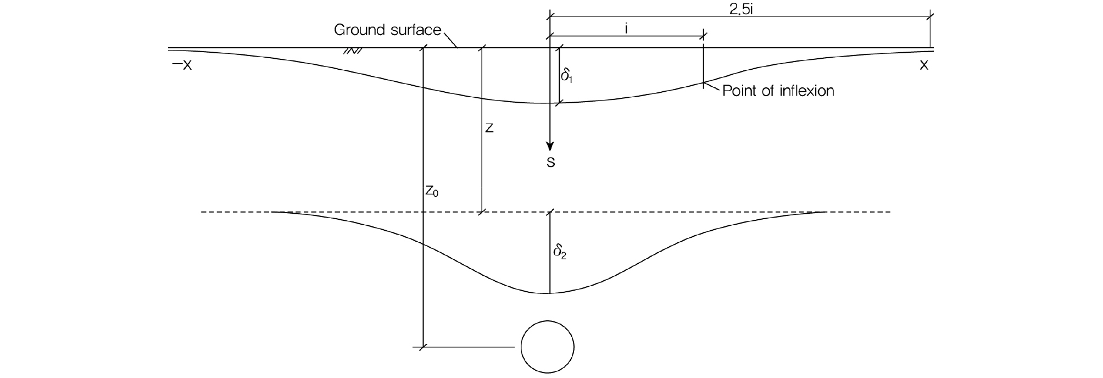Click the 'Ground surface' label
point(388,30)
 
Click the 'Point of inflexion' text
point(778,91)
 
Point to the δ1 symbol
point(567,76)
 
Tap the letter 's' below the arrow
point(550,163)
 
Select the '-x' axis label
point(182,65)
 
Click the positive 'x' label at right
point(924,65)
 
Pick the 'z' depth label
point(489,129)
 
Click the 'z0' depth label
point(432,191)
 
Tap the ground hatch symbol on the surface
point(352,52)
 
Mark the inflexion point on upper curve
point(704,82)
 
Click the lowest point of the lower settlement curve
point(549,293)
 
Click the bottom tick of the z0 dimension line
point(423,347)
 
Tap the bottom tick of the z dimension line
point(482,212)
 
